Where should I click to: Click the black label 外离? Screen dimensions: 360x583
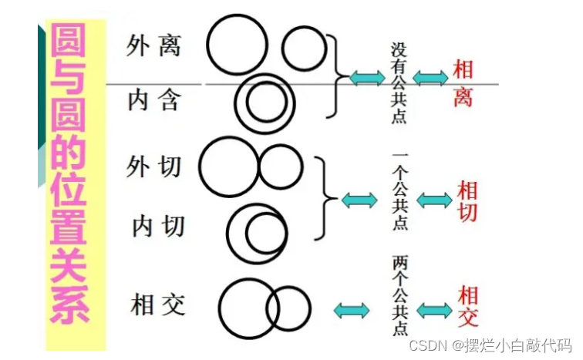pos(153,46)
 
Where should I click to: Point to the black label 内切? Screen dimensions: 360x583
pos(157,226)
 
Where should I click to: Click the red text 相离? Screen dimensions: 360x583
pos(462,82)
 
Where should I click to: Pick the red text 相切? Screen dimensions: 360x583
pos(467,200)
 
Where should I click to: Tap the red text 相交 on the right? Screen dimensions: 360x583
pos(467,306)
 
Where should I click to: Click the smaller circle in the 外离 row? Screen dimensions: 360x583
pos(305,48)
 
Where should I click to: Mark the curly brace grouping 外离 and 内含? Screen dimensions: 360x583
pos(335,76)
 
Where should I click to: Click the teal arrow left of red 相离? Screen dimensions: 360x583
pos(430,77)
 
